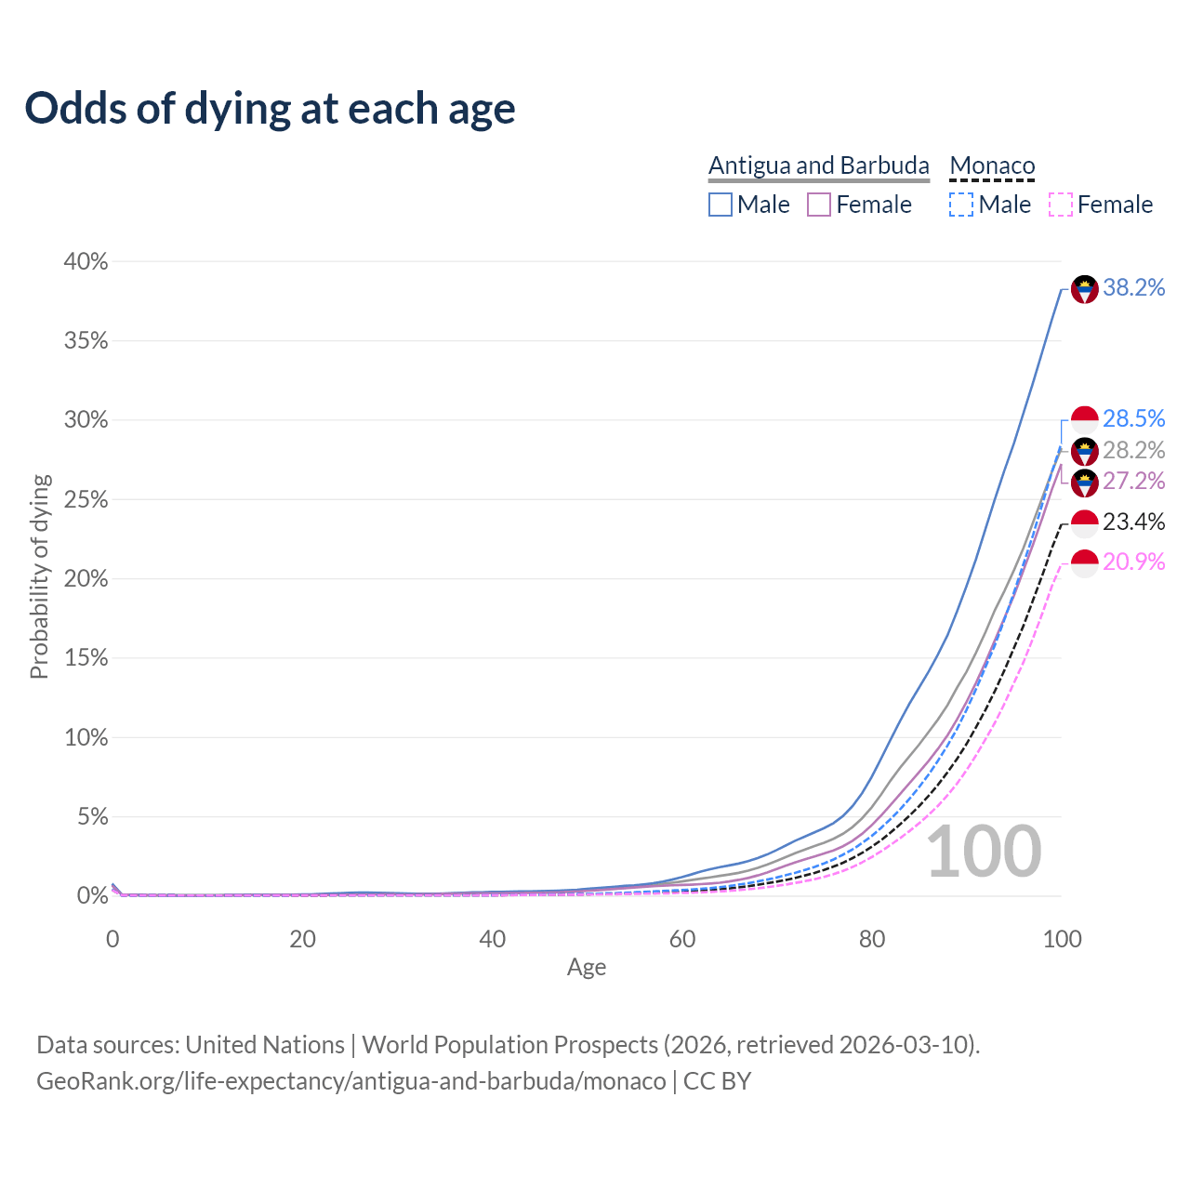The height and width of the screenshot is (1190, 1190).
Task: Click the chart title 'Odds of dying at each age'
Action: [270, 109]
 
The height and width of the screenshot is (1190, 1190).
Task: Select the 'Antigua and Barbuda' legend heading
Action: [818, 165]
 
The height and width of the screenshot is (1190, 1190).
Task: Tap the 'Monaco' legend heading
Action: [992, 166]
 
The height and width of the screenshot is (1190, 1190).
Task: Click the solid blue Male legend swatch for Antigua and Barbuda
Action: [721, 205]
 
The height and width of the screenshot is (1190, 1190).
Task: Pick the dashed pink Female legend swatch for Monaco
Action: [1061, 205]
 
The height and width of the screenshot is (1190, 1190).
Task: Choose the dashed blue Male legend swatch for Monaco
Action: [961, 205]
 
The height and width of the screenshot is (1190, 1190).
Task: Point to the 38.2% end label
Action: [1133, 288]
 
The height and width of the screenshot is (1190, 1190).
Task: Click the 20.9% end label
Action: [1133, 562]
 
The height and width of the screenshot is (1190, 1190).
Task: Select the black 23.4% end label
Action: [1133, 522]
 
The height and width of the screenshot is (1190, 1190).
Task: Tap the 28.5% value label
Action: [1133, 418]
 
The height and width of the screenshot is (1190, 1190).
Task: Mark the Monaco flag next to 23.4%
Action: [1085, 523]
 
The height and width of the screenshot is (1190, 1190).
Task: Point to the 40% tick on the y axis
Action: [86, 262]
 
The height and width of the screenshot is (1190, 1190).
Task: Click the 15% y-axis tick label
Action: [86, 658]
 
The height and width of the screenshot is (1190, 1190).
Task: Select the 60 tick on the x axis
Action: [682, 939]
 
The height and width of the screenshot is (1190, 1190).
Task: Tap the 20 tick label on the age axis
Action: [302, 939]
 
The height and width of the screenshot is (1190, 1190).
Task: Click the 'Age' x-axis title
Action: [587, 967]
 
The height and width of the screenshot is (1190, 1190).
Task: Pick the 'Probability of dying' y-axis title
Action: [39, 577]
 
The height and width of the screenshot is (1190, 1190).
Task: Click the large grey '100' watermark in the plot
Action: [984, 852]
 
